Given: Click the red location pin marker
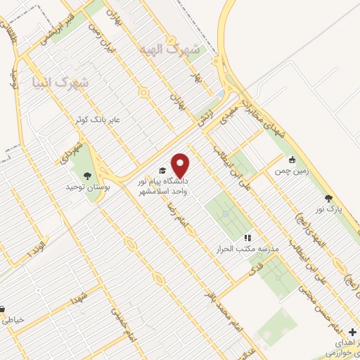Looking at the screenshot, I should (181, 165).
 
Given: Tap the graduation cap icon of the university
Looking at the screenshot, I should (163, 171).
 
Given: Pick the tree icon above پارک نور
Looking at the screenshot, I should (328, 198).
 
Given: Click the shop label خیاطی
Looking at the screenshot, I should (14, 319).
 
